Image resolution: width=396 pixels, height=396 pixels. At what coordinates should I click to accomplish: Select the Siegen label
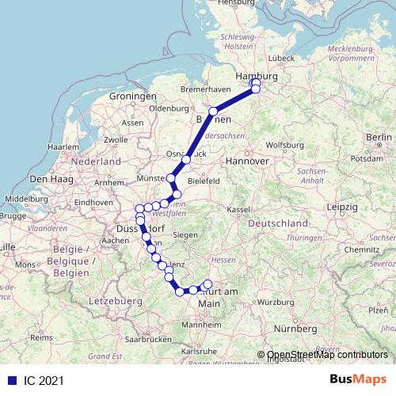tap(185, 234)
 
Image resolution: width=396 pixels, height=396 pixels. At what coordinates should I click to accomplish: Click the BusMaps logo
tap(358, 379)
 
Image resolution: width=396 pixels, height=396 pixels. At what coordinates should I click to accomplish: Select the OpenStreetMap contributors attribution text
tap(327, 355)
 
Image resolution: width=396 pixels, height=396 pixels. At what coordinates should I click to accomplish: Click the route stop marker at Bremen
tap(213, 112)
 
